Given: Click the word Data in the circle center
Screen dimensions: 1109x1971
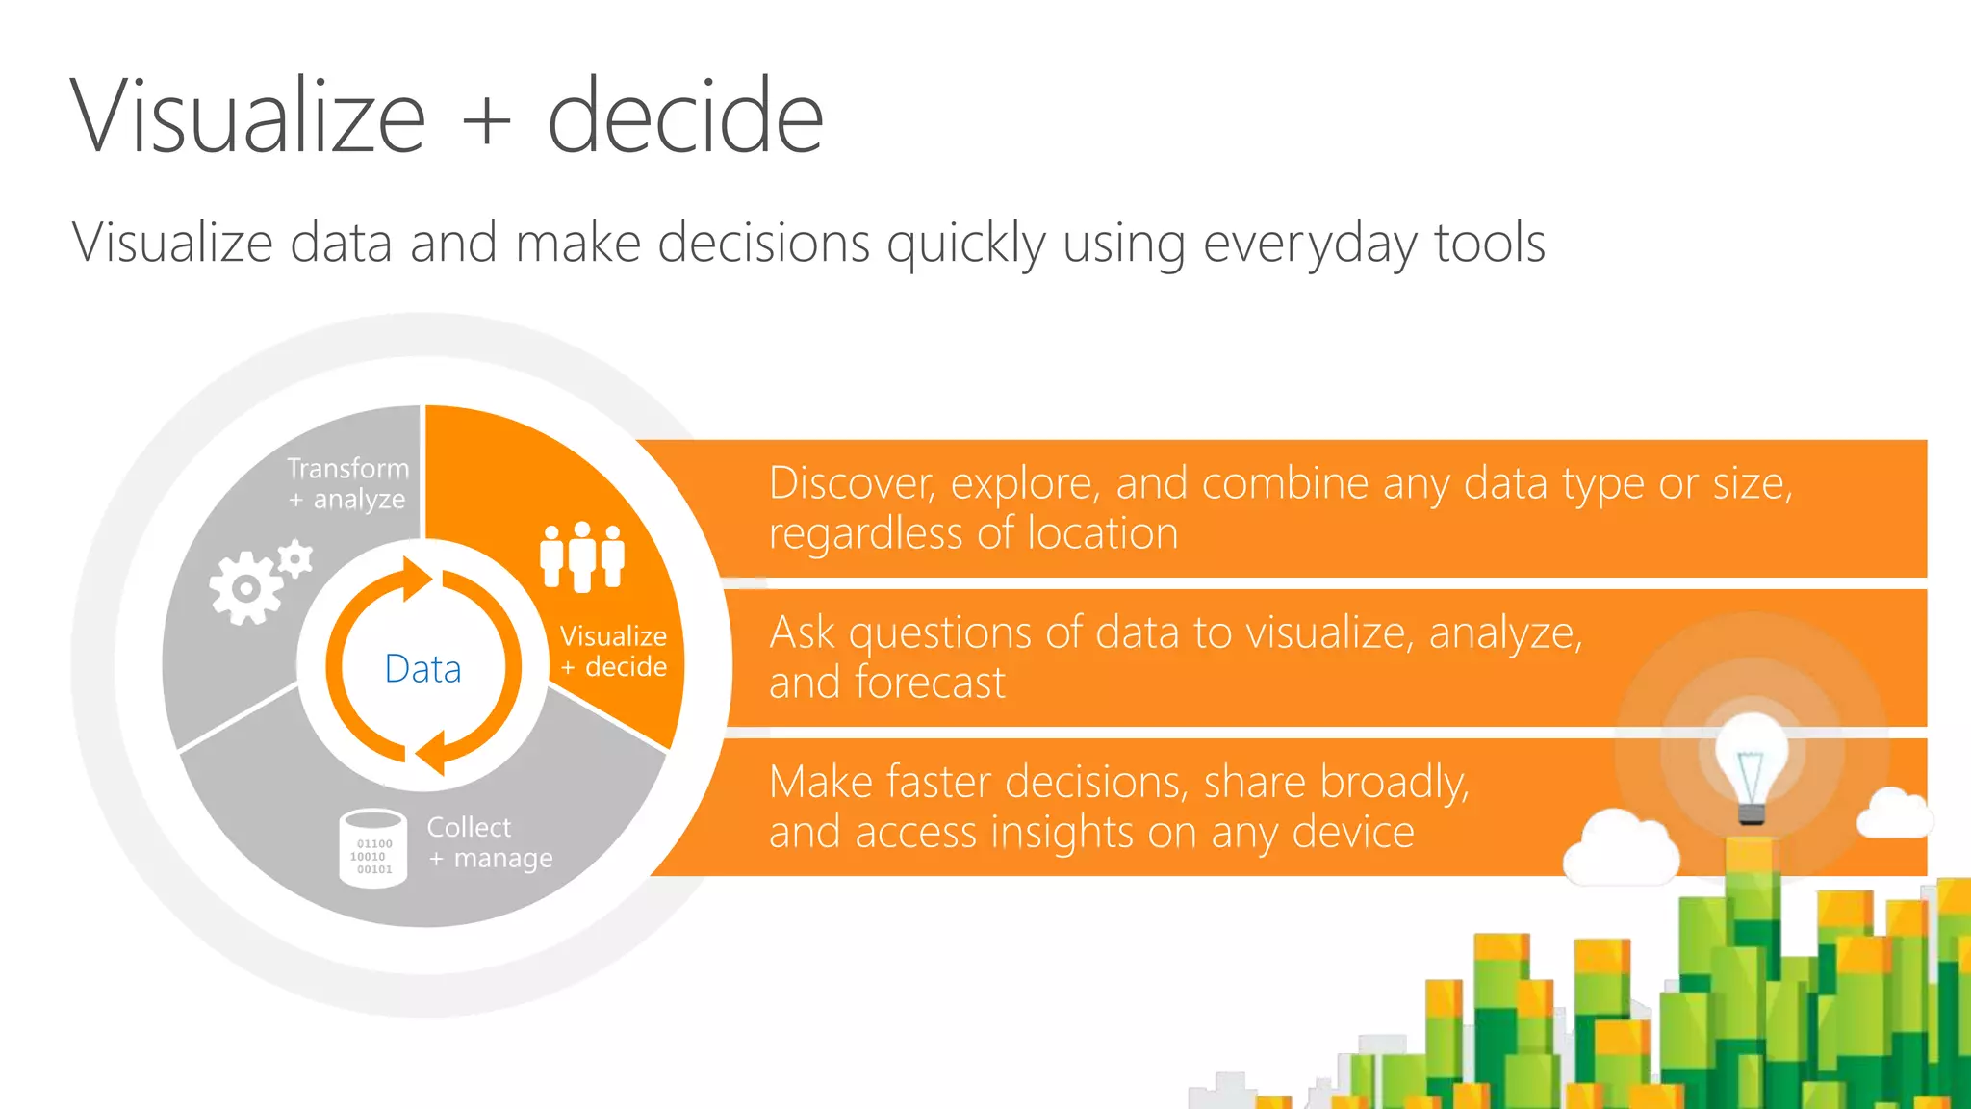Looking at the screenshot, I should point(422,668).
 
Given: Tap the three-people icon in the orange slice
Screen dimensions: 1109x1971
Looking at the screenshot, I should point(582,556).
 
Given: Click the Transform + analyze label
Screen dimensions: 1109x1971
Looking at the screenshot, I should point(347,483).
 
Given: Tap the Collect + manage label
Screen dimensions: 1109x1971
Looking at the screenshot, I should point(490,842).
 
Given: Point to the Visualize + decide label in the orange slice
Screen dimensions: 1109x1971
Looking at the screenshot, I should point(614,651).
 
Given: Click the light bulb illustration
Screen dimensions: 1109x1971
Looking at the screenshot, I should point(1751,765).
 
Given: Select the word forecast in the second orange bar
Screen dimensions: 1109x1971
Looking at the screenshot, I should point(930,683).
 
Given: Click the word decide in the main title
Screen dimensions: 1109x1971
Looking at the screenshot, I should point(685,117).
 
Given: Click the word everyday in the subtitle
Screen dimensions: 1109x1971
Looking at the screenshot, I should point(1310,243).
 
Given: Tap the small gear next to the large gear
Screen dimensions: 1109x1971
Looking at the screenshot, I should point(295,559).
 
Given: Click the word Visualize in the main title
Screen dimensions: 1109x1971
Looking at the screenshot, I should point(248,117).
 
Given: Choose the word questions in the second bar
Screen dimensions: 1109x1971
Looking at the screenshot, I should point(940,633).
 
